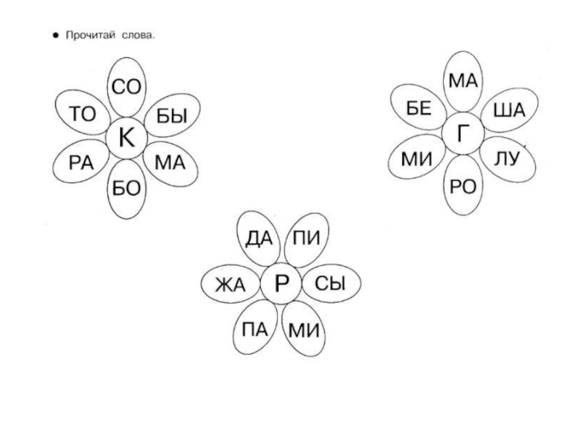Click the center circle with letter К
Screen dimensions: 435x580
point(126,138)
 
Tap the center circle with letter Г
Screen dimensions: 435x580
point(463,133)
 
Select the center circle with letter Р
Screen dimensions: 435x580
point(281,284)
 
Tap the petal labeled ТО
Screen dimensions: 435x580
point(82,114)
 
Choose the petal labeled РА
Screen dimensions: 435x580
point(82,162)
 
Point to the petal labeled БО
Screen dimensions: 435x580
point(126,188)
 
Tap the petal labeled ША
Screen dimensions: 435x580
point(508,110)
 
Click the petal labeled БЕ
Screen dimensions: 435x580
point(419,109)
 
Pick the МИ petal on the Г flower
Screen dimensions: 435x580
point(418,159)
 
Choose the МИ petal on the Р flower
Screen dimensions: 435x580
point(304,331)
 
